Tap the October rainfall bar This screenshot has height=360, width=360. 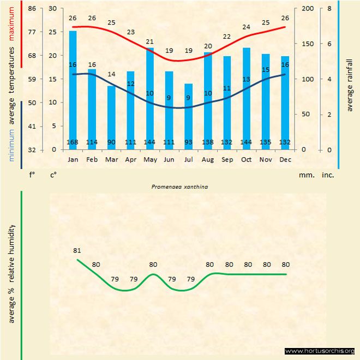click(x=247, y=98)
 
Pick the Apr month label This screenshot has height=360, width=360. click(x=130, y=159)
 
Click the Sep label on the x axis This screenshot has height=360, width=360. click(x=227, y=159)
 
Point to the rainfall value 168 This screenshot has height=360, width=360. click(x=73, y=143)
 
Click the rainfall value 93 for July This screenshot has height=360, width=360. click(x=188, y=143)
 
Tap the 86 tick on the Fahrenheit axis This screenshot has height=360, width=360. click(x=32, y=9)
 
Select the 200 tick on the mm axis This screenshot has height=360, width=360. click(x=307, y=9)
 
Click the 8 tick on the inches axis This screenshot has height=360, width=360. click(x=329, y=9)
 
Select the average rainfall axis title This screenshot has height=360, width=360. click(x=350, y=84)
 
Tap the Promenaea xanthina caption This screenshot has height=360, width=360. click(x=180, y=186)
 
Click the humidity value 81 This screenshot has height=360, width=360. click(x=77, y=250)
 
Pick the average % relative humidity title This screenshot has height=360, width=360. click(x=11, y=273)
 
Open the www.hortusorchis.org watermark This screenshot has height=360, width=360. click(x=320, y=351)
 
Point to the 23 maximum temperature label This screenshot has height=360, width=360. click(x=130, y=32)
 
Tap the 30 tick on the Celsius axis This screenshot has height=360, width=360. click(x=53, y=9)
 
